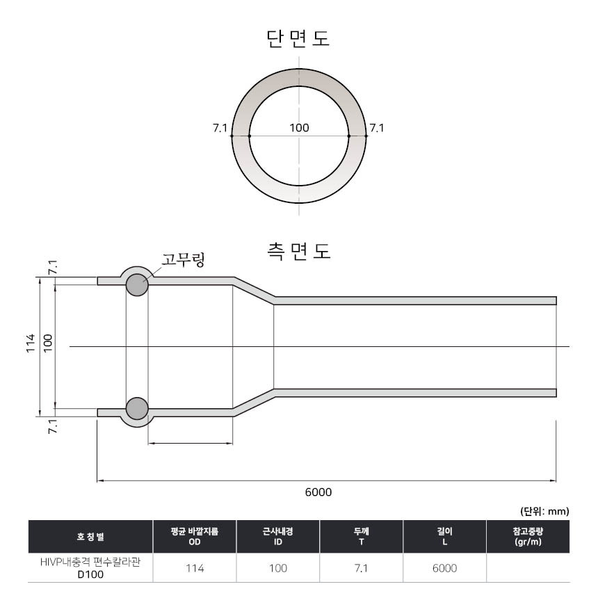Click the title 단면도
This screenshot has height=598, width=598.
click(x=298, y=38)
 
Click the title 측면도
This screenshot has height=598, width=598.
click(x=298, y=251)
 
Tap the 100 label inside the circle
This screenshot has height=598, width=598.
click(x=299, y=128)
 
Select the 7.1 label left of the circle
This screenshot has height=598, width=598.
click(x=220, y=128)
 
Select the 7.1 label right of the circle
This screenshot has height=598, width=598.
click(x=377, y=128)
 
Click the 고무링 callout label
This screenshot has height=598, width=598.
click(x=183, y=259)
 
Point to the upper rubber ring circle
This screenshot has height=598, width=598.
click(x=137, y=284)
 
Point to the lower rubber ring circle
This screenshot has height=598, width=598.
click(x=137, y=408)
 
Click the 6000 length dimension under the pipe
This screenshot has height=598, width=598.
click(x=318, y=492)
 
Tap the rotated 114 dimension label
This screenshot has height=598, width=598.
click(x=31, y=344)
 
